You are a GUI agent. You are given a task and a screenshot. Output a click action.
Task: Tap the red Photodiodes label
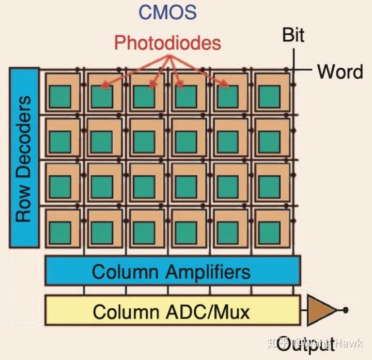168,43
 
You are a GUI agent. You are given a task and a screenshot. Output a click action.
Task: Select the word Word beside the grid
339,71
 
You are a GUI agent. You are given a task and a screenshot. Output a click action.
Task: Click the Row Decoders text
23,158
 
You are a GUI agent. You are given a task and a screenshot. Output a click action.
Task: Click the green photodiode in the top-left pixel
60,96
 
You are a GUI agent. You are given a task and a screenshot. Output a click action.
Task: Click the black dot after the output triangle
345,310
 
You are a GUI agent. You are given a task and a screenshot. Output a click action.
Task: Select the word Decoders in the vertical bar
23,132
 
